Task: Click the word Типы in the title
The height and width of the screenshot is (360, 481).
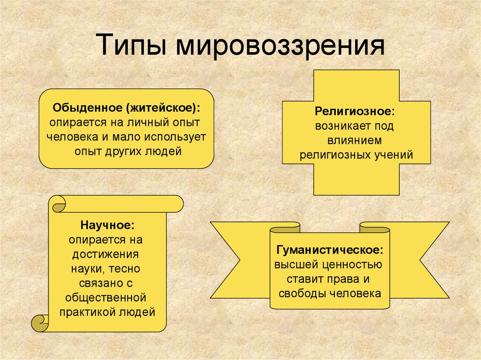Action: pos(132,45)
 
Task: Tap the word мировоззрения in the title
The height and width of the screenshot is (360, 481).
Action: pos(280,46)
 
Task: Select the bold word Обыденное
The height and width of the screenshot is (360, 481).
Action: pos(87,108)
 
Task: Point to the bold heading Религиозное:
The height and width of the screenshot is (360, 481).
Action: pos(355,111)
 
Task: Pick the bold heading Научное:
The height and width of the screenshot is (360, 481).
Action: pos(108,225)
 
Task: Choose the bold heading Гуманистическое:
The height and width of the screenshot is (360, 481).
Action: pos(330,250)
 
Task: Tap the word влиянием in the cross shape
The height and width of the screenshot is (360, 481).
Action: pos(355,140)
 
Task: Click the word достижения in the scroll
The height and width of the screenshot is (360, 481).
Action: pos(106,255)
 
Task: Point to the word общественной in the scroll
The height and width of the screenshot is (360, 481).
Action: pos(106,298)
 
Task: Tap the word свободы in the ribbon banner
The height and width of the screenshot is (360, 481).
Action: pos(303,294)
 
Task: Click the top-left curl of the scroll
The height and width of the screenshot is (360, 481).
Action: pos(59,204)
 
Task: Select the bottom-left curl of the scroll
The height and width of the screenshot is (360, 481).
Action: pos(40,323)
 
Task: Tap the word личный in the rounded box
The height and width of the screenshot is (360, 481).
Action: pos(148,123)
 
